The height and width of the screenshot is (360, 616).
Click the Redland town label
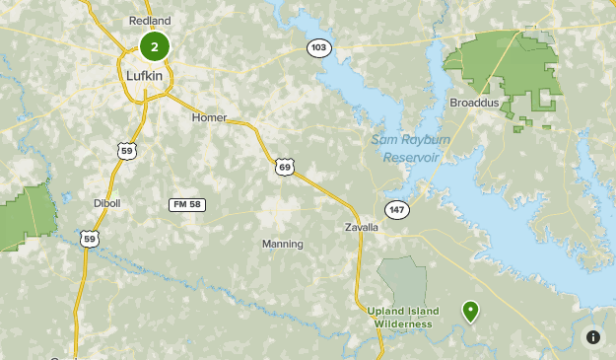pyautogui.click(x=150, y=21)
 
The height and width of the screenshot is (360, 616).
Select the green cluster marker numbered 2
pyautogui.click(x=155, y=45)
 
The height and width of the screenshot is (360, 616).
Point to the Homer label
pyautogui.click(x=209, y=117)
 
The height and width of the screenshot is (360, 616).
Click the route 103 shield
pyautogui.click(x=318, y=47)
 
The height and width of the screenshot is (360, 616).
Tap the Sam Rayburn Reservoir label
pyautogui.click(x=404, y=148)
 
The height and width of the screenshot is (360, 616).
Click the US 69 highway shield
pyautogui.click(x=285, y=168)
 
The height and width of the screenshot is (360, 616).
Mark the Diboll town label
pyautogui.click(x=107, y=203)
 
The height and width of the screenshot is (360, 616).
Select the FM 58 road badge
pyautogui.click(x=186, y=204)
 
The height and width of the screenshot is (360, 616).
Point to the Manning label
pyautogui.click(x=283, y=244)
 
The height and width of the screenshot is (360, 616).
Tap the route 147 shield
pyautogui.click(x=396, y=209)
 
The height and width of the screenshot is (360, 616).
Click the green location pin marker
pyautogui.click(x=471, y=312)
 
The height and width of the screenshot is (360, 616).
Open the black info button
pyautogui.click(x=593, y=337)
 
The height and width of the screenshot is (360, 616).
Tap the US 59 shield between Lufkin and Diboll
pyautogui.click(x=124, y=151)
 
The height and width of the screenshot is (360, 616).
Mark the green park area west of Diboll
pyautogui.click(x=25, y=217)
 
